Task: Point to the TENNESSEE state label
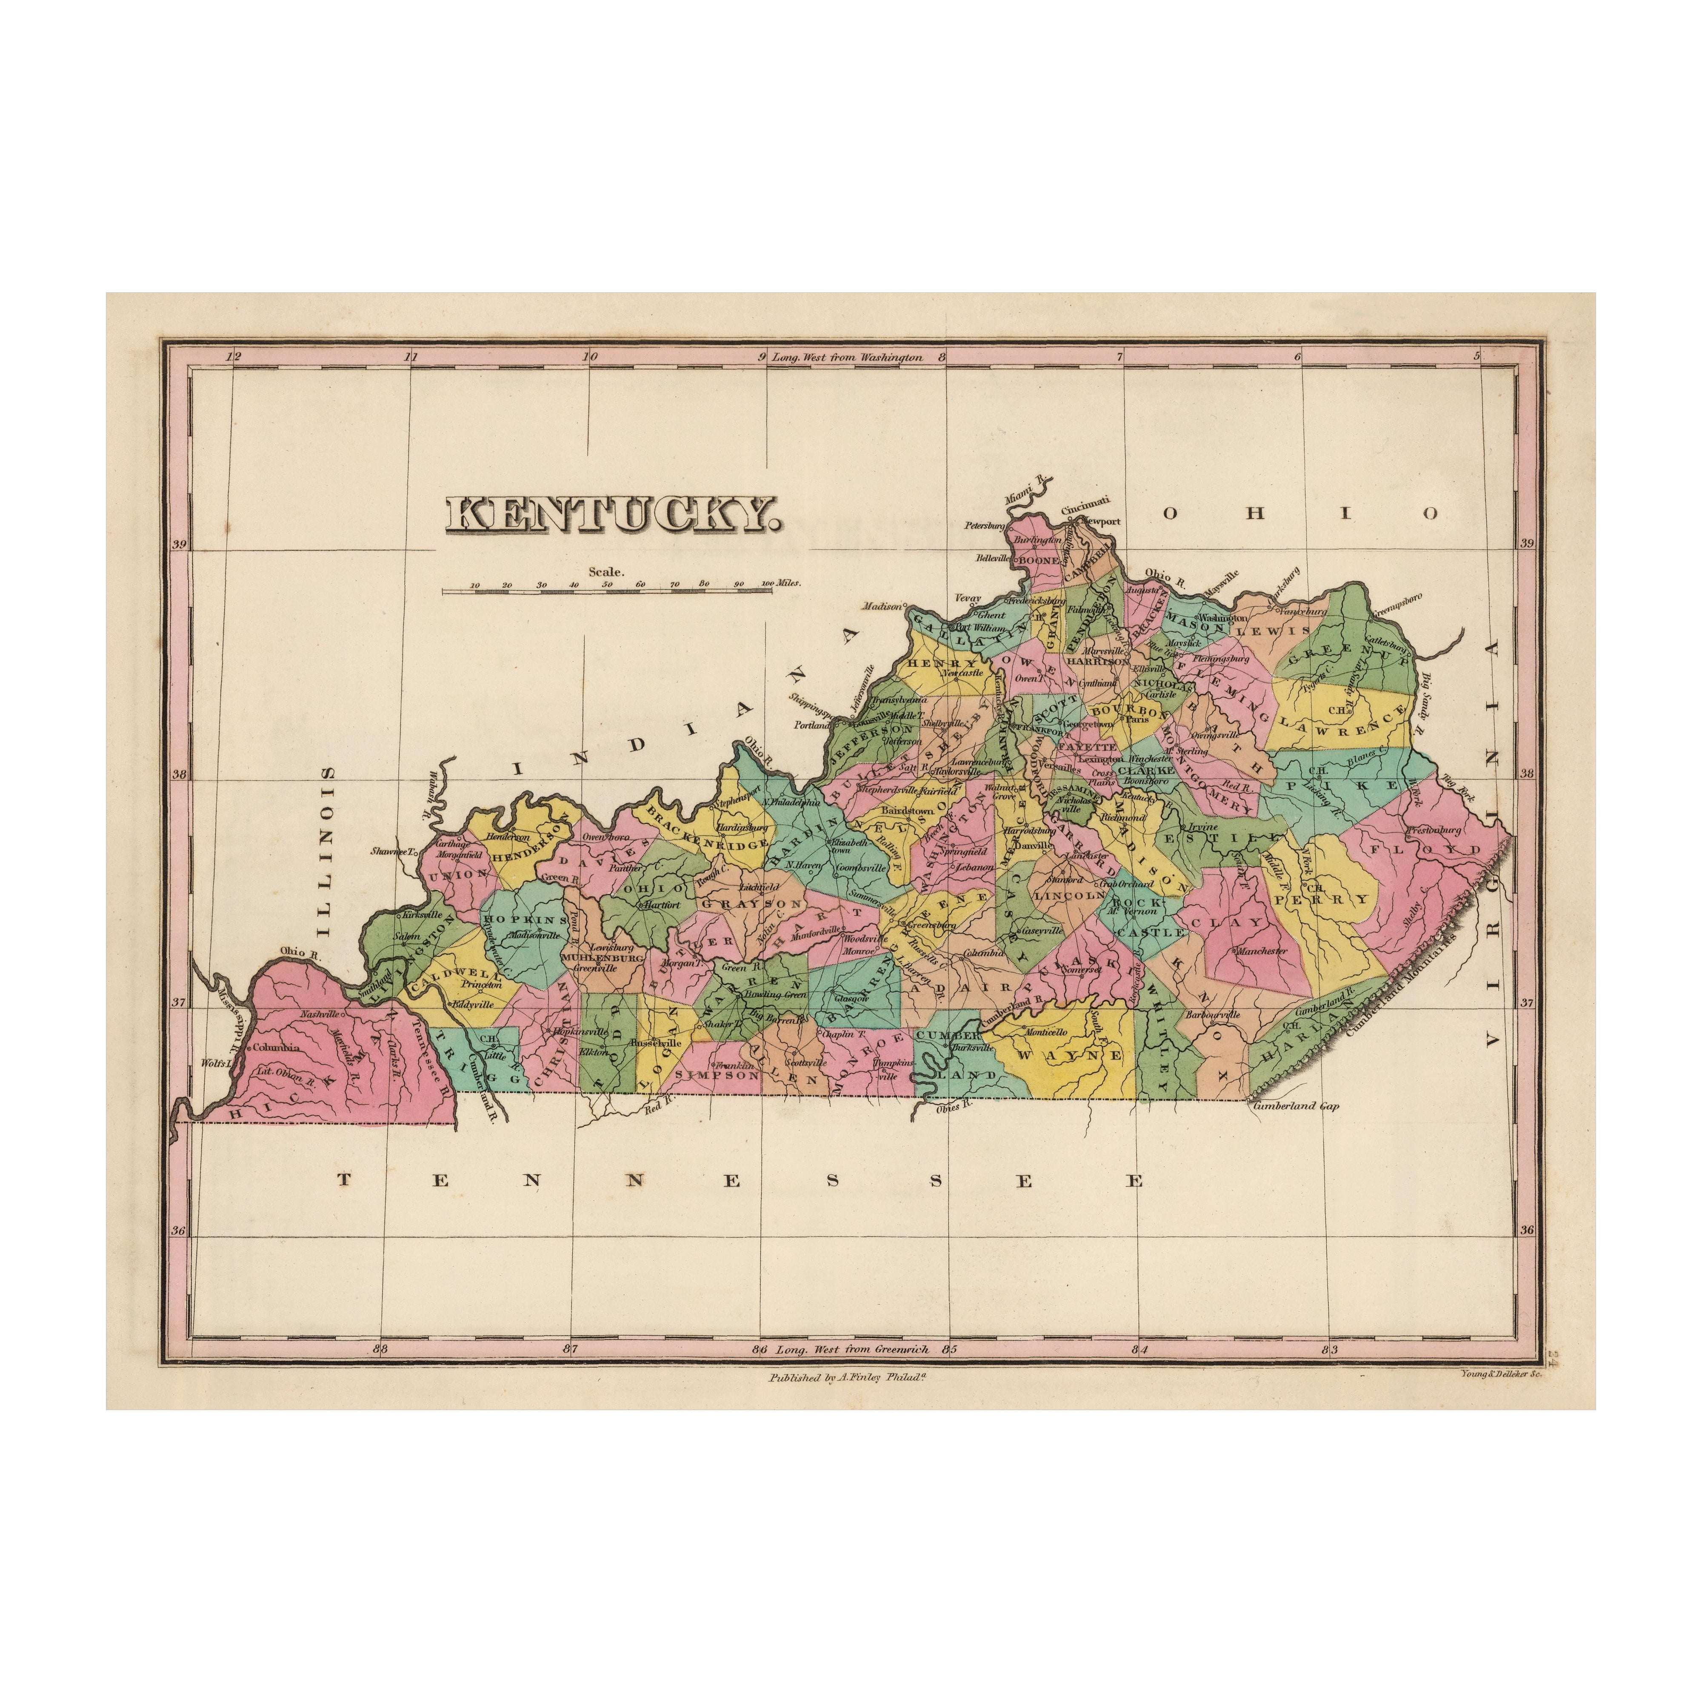pyautogui.click(x=742, y=1180)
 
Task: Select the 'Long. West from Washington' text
pyautogui.click(x=847, y=358)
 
